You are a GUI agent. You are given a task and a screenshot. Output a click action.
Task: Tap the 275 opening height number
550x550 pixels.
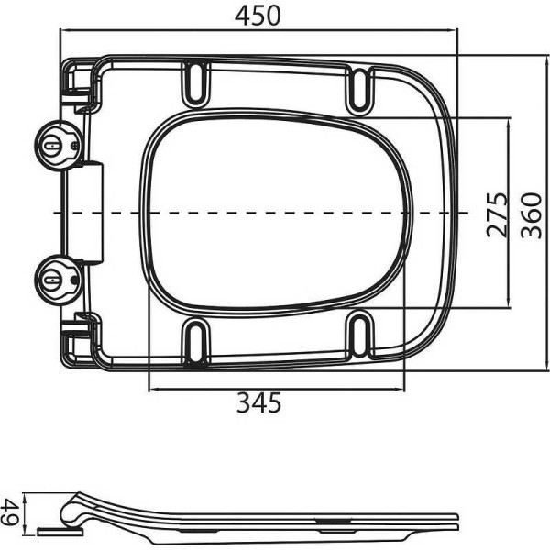[x=496, y=214]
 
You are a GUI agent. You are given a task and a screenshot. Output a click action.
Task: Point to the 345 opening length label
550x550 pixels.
[x=258, y=402]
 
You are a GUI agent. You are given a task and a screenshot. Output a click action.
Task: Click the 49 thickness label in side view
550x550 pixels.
[x=11, y=511]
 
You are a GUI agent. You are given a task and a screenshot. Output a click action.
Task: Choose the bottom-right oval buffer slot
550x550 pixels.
[x=360, y=336]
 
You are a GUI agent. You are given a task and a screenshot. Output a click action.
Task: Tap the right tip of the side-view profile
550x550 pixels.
[x=456, y=519]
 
